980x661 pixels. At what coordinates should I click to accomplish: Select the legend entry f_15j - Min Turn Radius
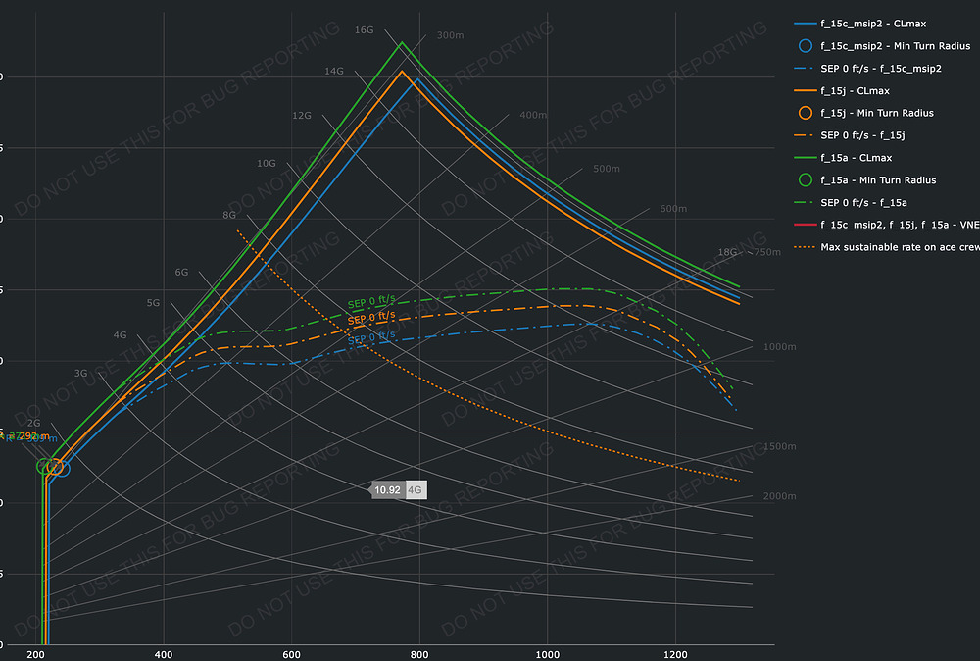click(876, 113)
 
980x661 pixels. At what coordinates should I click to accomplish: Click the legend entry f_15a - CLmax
click(856, 158)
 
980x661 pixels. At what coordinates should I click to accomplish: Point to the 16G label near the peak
click(364, 30)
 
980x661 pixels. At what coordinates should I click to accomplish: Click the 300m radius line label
click(450, 36)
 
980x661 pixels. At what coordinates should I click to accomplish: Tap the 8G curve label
click(229, 215)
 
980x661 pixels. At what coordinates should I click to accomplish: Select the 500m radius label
click(607, 169)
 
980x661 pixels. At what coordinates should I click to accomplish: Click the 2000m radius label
click(779, 497)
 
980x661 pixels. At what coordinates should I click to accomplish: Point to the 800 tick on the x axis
click(419, 654)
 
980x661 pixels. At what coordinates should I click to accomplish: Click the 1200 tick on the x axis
click(675, 654)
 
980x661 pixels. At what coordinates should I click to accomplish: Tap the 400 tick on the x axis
click(164, 654)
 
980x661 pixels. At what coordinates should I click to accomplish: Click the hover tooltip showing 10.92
click(387, 489)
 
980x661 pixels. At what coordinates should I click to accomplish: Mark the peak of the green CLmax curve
click(401, 42)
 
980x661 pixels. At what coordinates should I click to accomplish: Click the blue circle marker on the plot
click(59, 468)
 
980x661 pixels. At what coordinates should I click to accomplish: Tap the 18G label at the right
click(727, 252)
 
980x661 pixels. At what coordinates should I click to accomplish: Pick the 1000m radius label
click(781, 348)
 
